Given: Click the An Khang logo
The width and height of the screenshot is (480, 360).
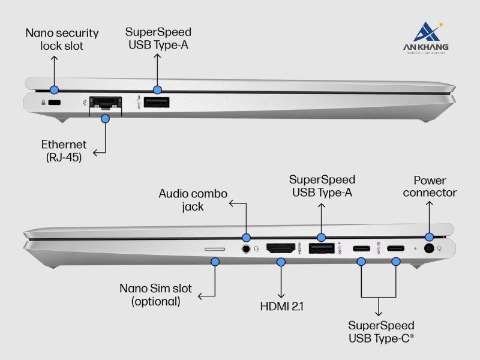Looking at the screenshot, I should click(x=427, y=38).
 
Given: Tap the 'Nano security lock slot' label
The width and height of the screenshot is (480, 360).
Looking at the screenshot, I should click(x=62, y=38).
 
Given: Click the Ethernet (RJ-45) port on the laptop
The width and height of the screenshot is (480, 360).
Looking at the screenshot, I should click(x=105, y=103).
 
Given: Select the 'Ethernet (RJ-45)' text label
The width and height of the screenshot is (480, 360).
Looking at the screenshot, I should click(x=64, y=151).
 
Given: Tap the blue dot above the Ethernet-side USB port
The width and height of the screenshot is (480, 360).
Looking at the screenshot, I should click(x=157, y=90).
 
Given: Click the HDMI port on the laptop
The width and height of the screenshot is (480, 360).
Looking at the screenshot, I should click(x=281, y=248).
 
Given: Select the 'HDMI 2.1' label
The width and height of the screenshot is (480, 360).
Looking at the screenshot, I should click(x=281, y=307).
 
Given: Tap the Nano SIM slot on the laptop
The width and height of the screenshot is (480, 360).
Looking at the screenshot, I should click(x=215, y=248).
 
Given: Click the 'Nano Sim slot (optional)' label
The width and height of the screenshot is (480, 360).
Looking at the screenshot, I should click(x=155, y=295).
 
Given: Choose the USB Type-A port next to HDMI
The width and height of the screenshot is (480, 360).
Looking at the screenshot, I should click(x=322, y=248).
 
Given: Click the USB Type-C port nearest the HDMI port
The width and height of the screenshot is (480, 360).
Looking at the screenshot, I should click(x=361, y=248).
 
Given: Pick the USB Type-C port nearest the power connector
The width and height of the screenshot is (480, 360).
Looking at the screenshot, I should click(x=395, y=248).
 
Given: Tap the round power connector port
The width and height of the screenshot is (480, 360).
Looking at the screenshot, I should click(x=429, y=248).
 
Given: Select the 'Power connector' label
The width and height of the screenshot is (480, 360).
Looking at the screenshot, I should click(x=430, y=187).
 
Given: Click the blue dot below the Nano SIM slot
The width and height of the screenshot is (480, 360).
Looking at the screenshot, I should click(x=215, y=262).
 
